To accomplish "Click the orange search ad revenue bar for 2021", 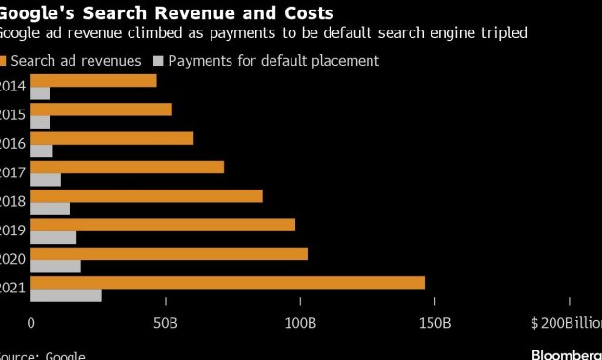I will (x=228, y=283).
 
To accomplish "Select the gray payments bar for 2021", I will (x=66, y=295).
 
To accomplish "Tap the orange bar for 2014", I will (x=93, y=81).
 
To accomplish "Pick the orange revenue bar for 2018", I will (x=147, y=196).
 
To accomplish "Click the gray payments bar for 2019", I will (x=53, y=237).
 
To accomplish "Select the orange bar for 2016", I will (x=112, y=138).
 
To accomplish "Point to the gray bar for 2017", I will (x=46, y=179).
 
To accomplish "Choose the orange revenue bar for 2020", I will (x=169, y=253).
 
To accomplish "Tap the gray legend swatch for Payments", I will (x=158, y=61).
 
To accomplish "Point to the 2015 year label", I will (x=12, y=114).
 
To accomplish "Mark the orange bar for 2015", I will (x=101, y=110).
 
